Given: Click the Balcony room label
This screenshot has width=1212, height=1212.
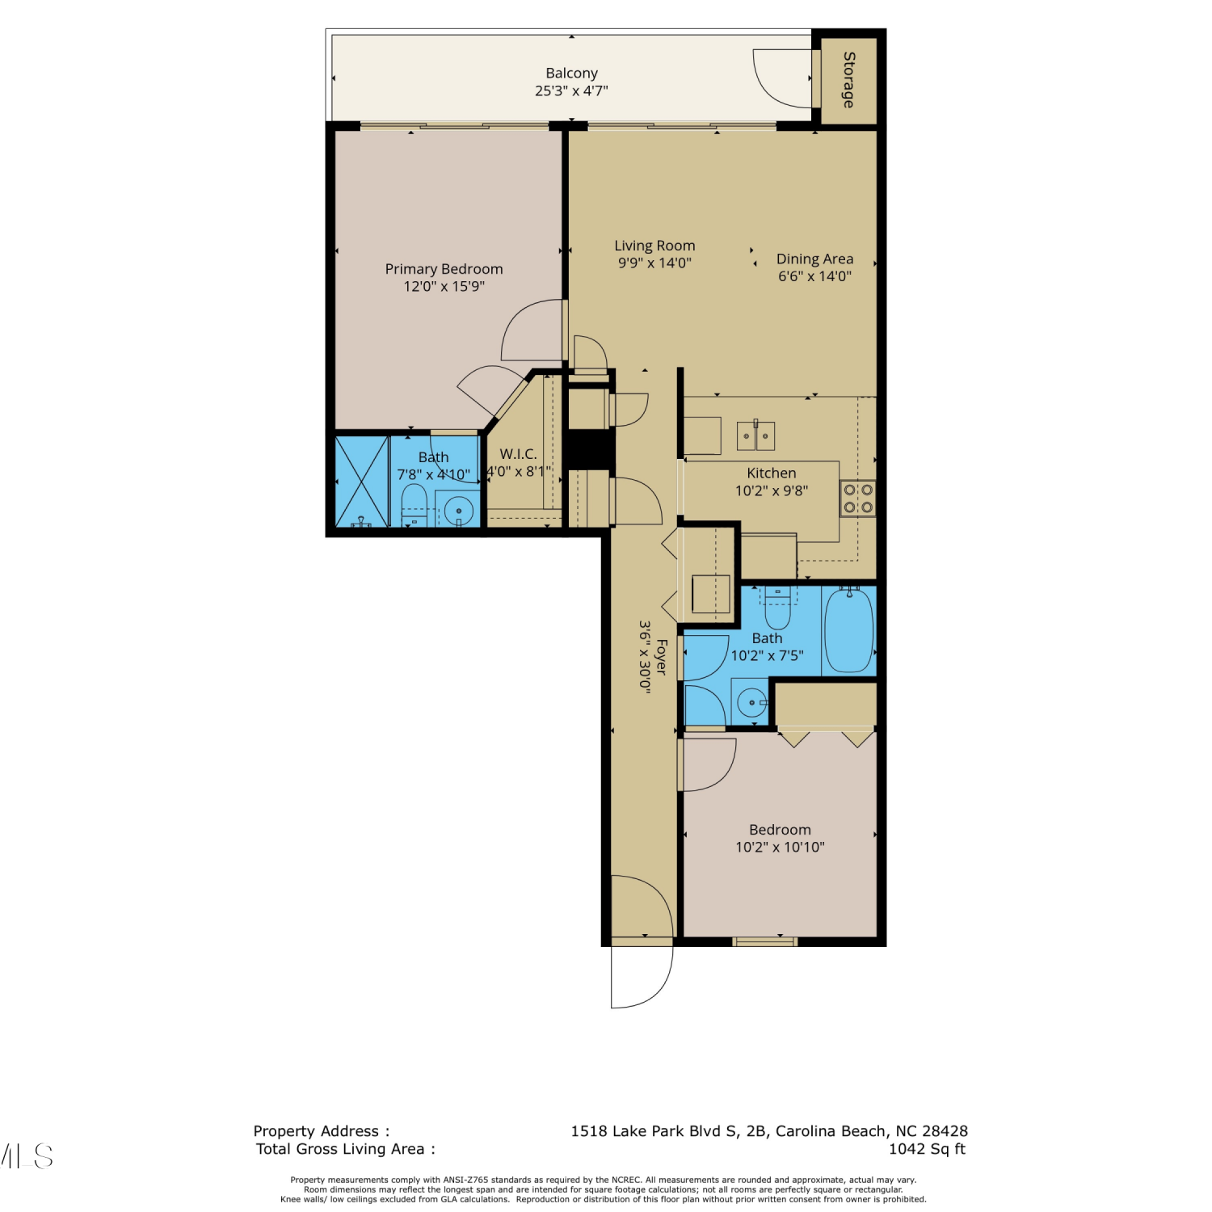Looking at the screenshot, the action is click(x=571, y=74).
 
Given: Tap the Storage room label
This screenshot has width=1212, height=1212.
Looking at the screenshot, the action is click(x=848, y=80).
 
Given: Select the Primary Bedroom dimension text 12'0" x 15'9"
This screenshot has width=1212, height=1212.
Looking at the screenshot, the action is click(x=444, y=286).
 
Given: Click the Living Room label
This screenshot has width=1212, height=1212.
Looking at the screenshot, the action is click(x=654, y=246).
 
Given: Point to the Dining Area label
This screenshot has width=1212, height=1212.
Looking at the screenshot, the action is click(x=814, y=259).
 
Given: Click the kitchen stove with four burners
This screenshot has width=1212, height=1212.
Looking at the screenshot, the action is click(x=858, y=499).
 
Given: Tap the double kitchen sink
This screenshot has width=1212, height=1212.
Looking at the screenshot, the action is click(x=755, y=436).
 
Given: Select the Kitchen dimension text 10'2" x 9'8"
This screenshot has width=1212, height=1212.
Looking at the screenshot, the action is click(x=772, y=490).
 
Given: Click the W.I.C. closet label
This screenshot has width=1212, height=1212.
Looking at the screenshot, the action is click(x=518, y=454).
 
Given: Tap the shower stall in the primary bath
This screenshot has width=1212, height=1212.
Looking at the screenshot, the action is click(x=362, y=482).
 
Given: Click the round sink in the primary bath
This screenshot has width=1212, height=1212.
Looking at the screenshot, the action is click(x=459, y=511).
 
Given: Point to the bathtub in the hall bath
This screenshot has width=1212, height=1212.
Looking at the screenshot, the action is click(x=849, y=630).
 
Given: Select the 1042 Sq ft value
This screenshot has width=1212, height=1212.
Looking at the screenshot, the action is click(x=927, y=1149).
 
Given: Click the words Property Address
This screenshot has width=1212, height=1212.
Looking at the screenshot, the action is click(x=316, y=1131).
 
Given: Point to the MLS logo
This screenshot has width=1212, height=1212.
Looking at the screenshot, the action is click(x=27, y=1156).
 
